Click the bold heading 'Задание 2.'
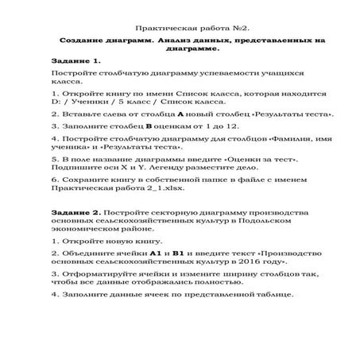tap(75, 214)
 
